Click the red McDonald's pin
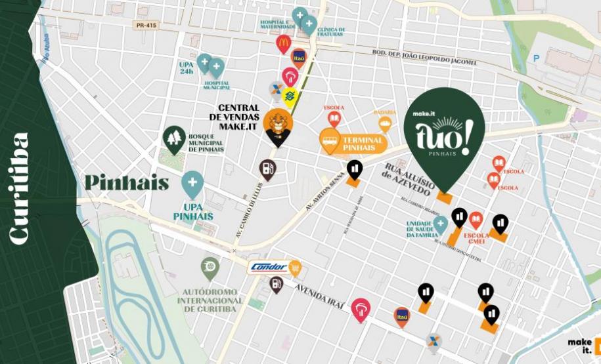(283, 44)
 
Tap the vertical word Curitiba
(20, 188)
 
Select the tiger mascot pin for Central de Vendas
(277, 126)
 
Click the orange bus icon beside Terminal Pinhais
(330, 139)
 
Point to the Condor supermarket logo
(269, 267)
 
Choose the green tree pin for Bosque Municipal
(174, 138)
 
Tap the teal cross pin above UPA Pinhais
(192, 184)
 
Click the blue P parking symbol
(536, 58)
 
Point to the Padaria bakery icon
(385, 123)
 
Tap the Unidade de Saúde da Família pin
(440, 224)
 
